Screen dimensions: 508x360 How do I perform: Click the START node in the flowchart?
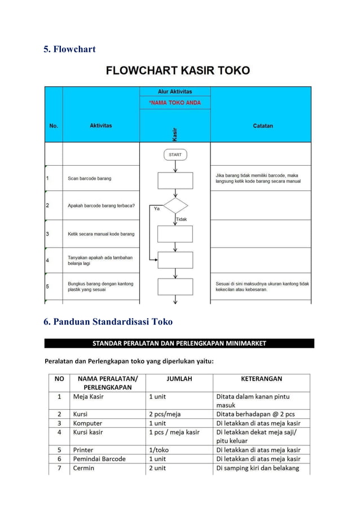(x=175, y=154)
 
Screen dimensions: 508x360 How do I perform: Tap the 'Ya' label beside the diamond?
(x=157, y=209)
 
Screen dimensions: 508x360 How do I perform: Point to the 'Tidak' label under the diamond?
(x=182, y=219)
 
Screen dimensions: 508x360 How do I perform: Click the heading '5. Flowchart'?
(x=69, y=49)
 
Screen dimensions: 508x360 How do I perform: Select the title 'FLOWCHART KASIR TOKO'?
(x=178, y=71)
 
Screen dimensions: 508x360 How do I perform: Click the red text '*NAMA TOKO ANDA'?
(x=175, y=103)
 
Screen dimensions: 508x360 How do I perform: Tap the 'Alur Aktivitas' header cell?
(x=175, y=91)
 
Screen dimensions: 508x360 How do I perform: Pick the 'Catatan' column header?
(x=262, y=126)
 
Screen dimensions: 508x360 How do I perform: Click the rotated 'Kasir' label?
(x=175, y=134)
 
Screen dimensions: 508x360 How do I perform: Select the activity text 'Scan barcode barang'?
(x=90, y=178)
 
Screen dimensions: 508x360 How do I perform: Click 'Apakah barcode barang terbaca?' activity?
(x=102, y=206)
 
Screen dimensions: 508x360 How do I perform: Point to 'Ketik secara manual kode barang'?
(x=102, y=233)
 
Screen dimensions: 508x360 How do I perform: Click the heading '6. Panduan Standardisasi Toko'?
(x=108, y=322)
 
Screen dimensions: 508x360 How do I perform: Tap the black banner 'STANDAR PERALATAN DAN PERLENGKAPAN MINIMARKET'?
(x=179, y=343)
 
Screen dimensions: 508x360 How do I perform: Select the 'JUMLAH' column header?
(x=179, y=379)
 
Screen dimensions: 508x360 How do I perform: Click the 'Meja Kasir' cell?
(x=89, y=396)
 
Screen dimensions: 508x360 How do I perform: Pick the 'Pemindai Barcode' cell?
(x=99, y=459)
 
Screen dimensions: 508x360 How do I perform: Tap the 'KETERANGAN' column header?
(x=261, y=379)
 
